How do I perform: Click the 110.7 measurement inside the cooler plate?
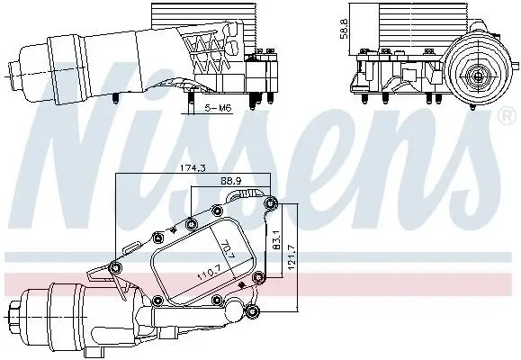pyautogui.click(x=209, y=271)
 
